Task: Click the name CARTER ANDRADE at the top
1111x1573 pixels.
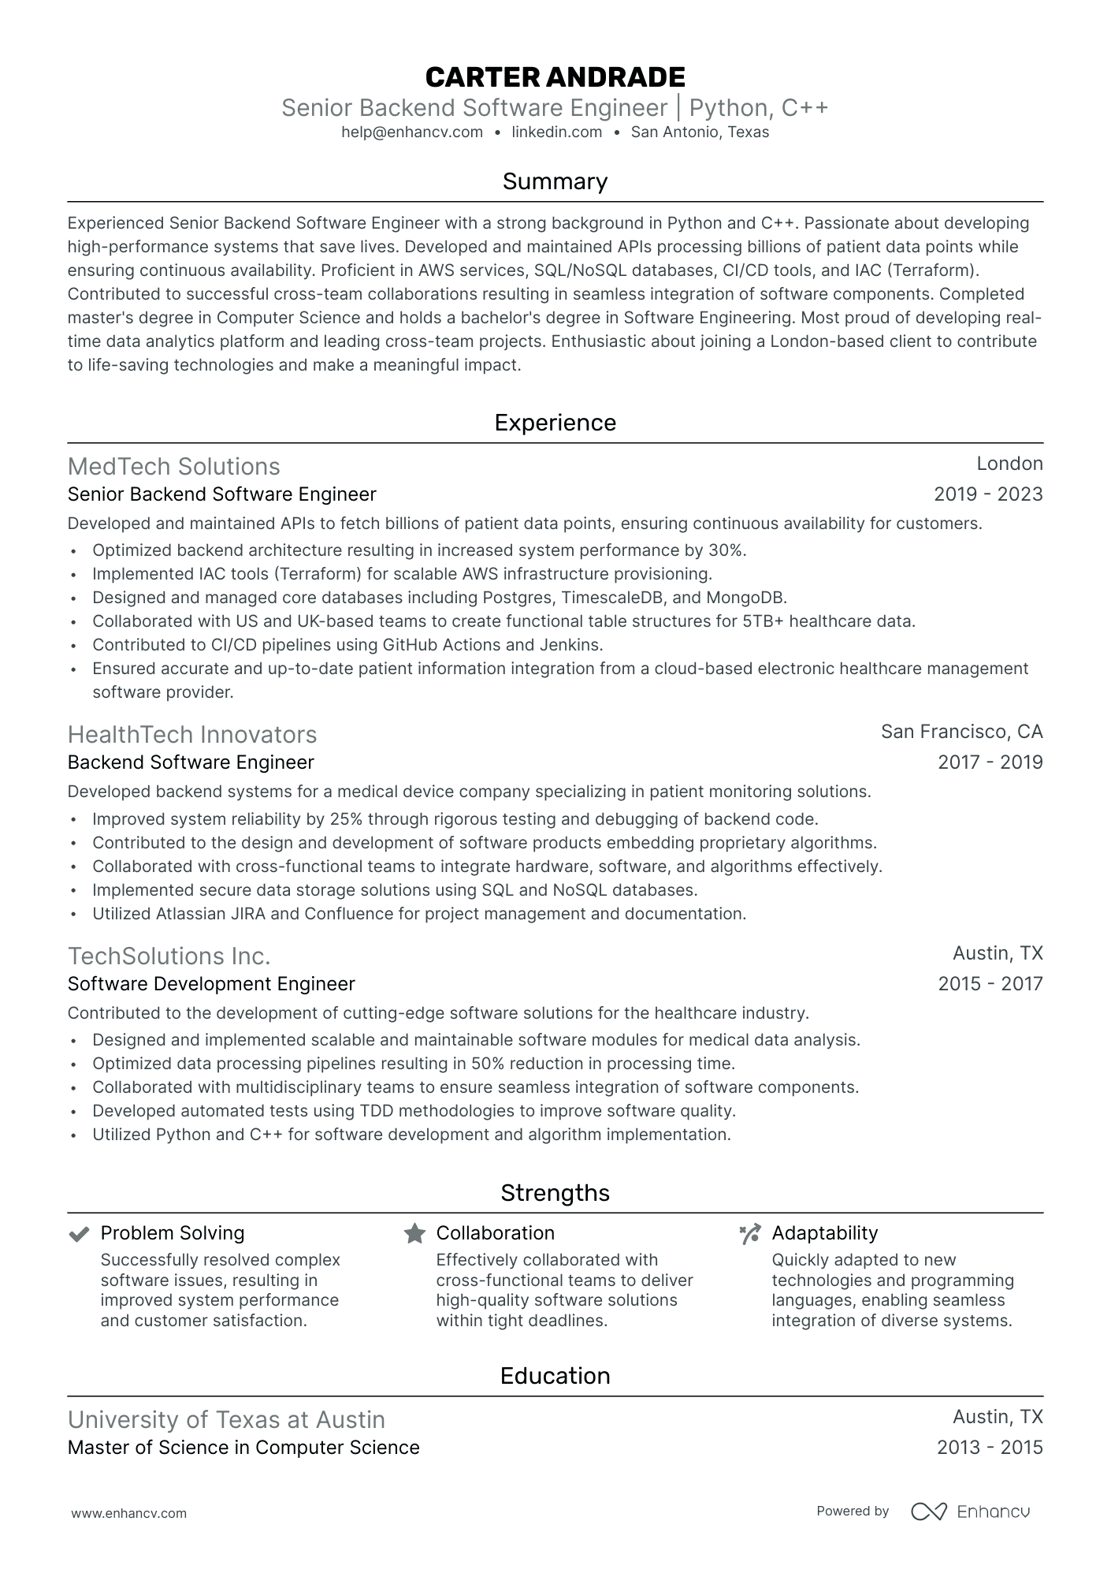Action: point(555,77)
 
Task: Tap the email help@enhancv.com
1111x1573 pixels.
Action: point(412,132)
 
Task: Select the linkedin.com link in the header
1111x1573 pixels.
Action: point(556,132)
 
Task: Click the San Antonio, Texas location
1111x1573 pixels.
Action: point(700,132)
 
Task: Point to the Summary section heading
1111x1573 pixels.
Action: point(555,181)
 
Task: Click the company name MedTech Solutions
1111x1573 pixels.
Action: point(173,467)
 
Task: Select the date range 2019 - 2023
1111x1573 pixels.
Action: point(988,494)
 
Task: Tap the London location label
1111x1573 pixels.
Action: point(1009,464)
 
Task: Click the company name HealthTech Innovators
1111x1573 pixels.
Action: point(192,735)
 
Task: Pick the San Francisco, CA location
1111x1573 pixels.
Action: point(961,732)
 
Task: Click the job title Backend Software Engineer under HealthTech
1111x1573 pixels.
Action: point(191,762)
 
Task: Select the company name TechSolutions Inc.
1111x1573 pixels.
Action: point(169,956)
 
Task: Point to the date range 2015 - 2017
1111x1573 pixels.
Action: point(990,984)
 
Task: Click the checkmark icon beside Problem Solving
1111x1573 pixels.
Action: point(79,1234)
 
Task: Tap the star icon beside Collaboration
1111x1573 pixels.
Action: point(414,1234)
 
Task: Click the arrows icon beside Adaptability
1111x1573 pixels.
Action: point(750,1234)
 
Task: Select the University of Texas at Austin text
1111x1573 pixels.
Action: point(226,1420)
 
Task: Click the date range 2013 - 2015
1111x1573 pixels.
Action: point(990,1448)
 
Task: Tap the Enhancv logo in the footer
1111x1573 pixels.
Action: point(970,1511)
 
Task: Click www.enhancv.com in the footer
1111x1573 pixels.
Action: point(129,1513)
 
